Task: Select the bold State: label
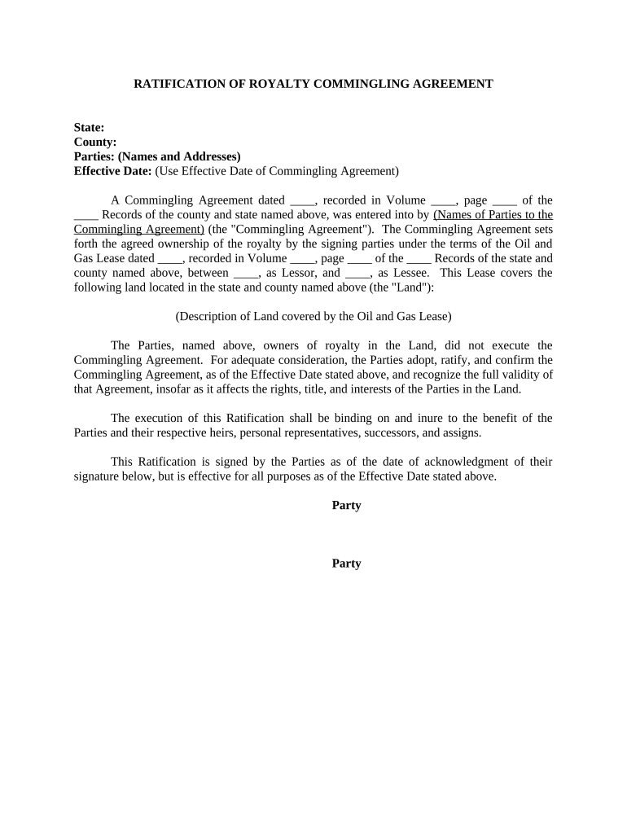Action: coord(89,128)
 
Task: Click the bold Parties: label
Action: coord(94,156)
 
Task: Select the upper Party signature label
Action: coord(346,506)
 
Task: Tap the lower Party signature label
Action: coord(346,564)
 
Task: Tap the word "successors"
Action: coord(410,432)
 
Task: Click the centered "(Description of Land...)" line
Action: coord(313,316)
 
